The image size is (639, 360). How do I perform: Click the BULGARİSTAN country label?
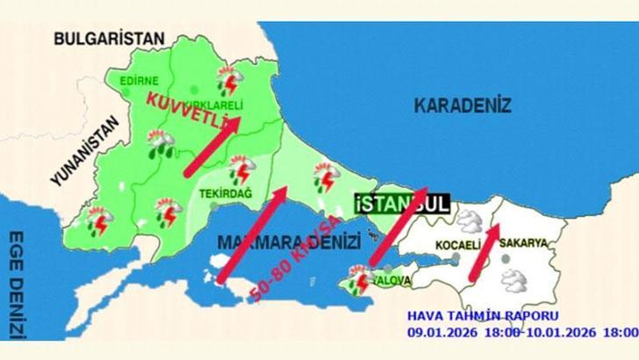coord(110,38)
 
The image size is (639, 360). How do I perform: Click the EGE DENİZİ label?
coord(15,285)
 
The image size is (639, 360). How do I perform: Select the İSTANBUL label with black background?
coord(403,204)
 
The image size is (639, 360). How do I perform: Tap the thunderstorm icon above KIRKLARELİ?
coord(230,82)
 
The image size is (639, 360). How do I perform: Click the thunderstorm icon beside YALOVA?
coord(360,281)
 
